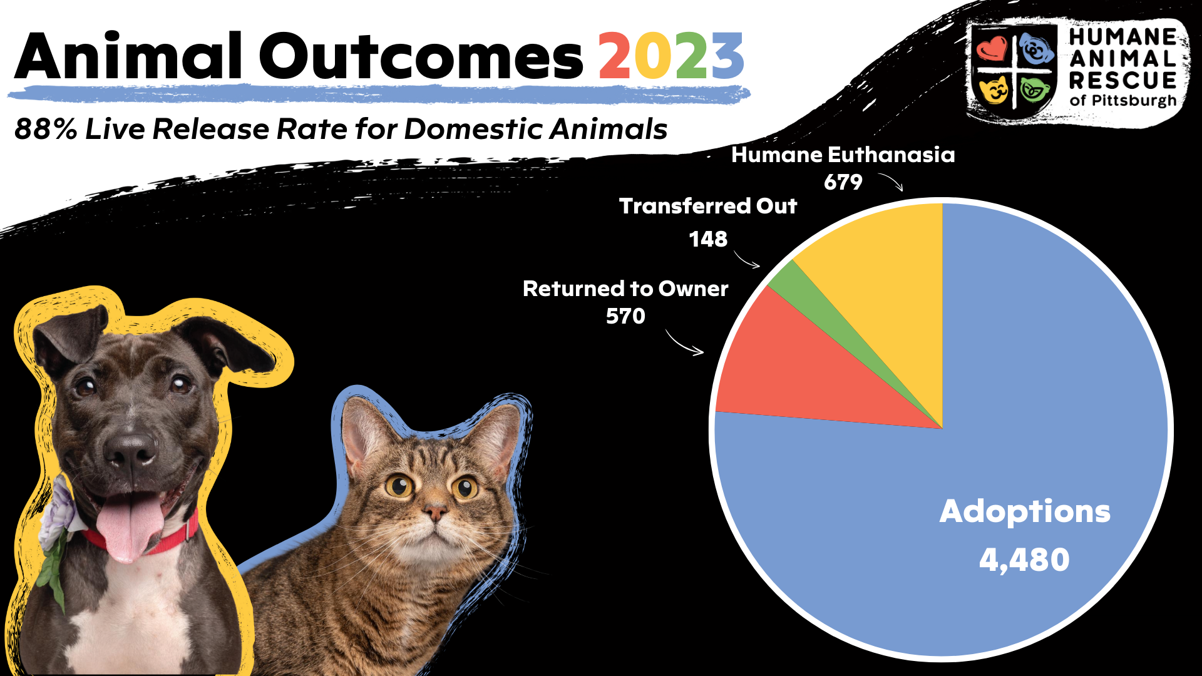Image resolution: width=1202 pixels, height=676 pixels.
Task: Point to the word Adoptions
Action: tap(1025, 511)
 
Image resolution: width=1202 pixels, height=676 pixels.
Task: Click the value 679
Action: tap(843, 182)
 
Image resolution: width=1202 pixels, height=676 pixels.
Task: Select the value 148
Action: tap(708, 239)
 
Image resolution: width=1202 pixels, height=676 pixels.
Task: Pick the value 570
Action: tap(625, 316)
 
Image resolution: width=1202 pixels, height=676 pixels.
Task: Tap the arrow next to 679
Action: tap(891, 181)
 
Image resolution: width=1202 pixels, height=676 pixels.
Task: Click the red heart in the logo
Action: tap(992, 48)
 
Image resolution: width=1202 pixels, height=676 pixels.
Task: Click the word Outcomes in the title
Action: tap(421, 56)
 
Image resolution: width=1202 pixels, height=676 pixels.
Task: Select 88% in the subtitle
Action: tap(46, 129)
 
